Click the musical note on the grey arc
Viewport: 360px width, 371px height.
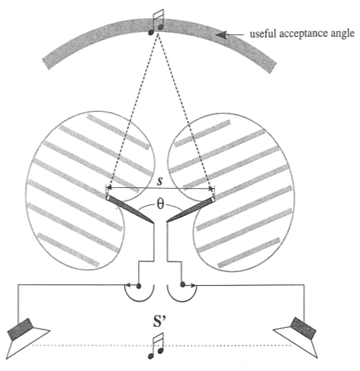[x=156, y=22]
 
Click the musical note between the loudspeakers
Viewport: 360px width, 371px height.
[x=156, y=346]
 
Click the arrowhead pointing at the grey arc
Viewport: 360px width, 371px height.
[x=222, y=34]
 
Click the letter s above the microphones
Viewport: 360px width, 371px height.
[x=160, y=181]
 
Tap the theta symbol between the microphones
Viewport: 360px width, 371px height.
[x=160, y=204]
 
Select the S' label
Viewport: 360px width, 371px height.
[x=159, y=320]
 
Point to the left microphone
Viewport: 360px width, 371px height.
[x=130, y=209]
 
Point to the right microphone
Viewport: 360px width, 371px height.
[x=191, y=209]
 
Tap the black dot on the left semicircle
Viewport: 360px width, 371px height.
[x=139, y=286]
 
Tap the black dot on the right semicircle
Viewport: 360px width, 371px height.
[x=183, y=284]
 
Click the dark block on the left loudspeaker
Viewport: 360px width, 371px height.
[x=20, y=329]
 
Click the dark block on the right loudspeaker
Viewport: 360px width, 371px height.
[x=304, y=328]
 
